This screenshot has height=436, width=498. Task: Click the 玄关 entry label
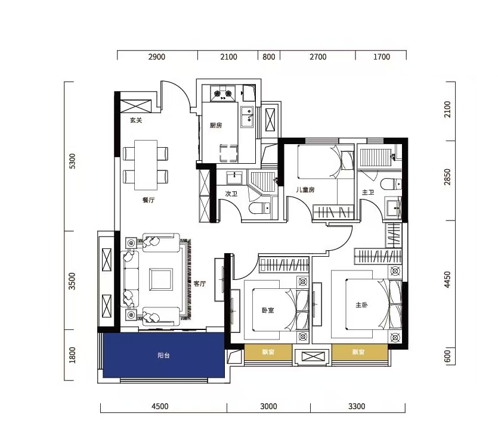136,120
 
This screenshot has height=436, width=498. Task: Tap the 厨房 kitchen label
216,125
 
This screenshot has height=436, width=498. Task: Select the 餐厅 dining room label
149,200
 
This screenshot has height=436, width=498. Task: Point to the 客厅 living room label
200,284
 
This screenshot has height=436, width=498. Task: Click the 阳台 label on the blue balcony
163,356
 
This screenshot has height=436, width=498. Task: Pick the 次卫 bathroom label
231,194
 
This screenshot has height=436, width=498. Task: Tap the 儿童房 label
305,189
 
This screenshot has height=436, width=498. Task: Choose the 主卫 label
368,192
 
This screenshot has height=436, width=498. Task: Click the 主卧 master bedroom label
362,305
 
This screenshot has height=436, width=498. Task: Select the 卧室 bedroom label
268,310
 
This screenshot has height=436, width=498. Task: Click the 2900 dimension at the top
157,57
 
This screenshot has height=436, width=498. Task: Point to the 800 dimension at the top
269,57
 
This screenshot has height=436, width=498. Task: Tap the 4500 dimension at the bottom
160,406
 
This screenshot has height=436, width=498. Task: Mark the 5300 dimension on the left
72,161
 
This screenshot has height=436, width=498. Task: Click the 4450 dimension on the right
447,280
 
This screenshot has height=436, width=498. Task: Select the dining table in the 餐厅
146,165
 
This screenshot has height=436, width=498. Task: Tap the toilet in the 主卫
391,184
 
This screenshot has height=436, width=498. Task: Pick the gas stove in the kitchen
222,93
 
